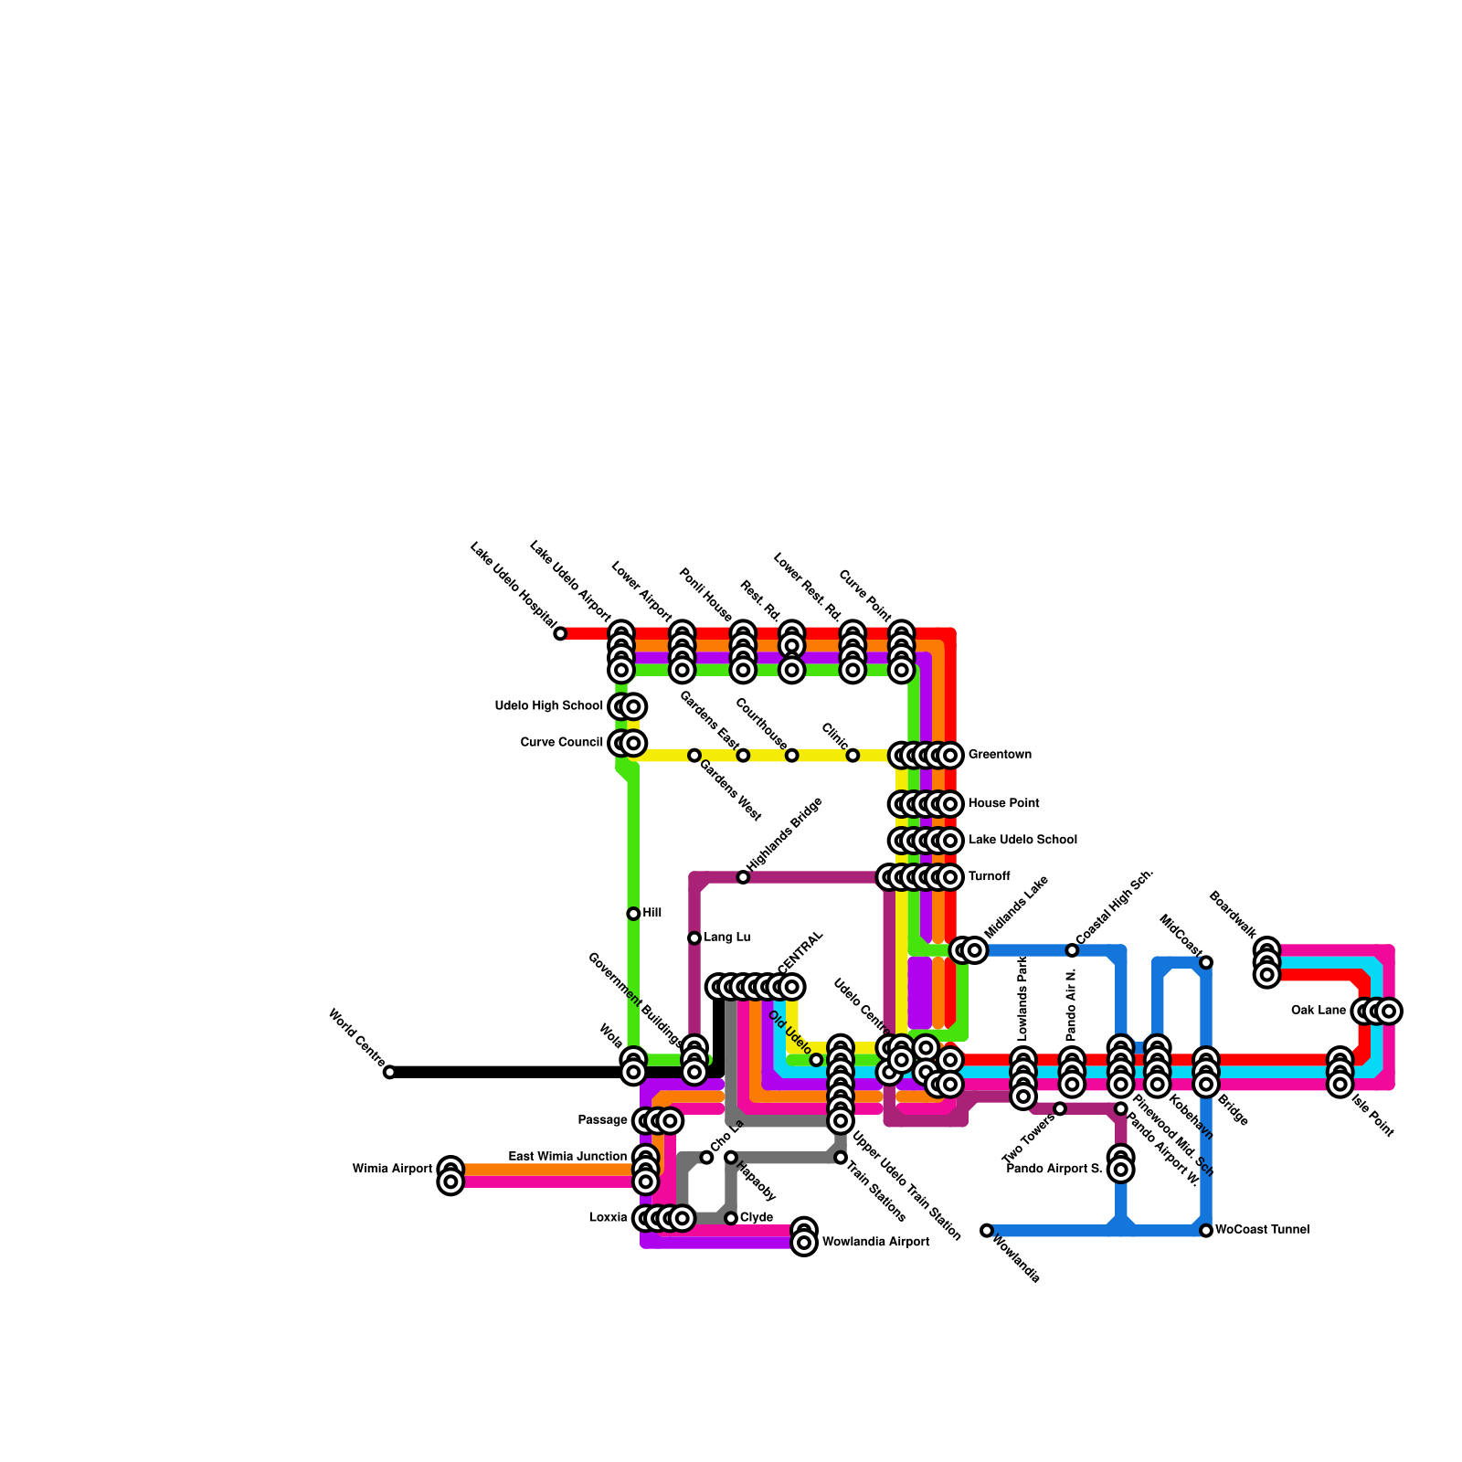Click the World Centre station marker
pyautogui.click(x=389, y=1072)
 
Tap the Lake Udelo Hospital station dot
pyautogui.click(x=560, y=633)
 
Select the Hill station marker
pyautogui.click(x=633, y=914)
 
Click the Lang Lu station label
pyautogui.click(x=726, y=938)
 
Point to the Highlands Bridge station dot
pyautogui.click(x=743, y=877)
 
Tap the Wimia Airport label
pyautogui.click(x=392, y=1170)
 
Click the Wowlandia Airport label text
pyautogui.click(x=875, y=1243)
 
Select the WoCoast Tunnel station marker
pyautogui.click(x=1206, y=1231)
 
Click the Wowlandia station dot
pyautogui.click(x=987, y=1231)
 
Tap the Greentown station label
pyautogui.click(x=1000, y=755)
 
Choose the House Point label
pyautogui.click(x=1003, y=804)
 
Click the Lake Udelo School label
pyautogui.click(x=1022, y=841)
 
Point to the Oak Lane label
pyautogui.click(x=1318, y=1011)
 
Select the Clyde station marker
pyautogui.click(x=731, y=1218)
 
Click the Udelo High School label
pyautogui.click(x=548, y=706)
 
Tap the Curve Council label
pyautogui.click(x=561, y=743)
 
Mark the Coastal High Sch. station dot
pyautogui.click(x=1072, y=950)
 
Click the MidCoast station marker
pyautogui.click(x=1206, y=962)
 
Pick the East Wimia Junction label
pyautogui.click(x=567, y=1157)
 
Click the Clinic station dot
pyautogui.click(x=853, y=756)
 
